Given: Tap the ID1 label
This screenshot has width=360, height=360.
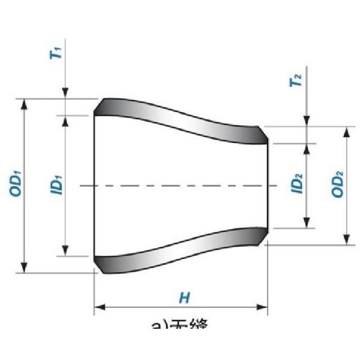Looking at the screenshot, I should pyautogui.click(x=56, y=184).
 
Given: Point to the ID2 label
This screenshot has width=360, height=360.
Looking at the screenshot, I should pyautogui.click(x=296, y=184).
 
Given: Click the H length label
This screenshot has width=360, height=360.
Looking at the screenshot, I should pyautogui.click(x=184, y=297).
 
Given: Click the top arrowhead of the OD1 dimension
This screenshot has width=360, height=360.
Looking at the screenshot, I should pyautogui.click(x=24, y=104).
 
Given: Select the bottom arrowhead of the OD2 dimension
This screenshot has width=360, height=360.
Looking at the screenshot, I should pyautogui.click(x=346, y=240).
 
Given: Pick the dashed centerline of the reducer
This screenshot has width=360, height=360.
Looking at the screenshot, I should pyautogui.click(x=180, y=186).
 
